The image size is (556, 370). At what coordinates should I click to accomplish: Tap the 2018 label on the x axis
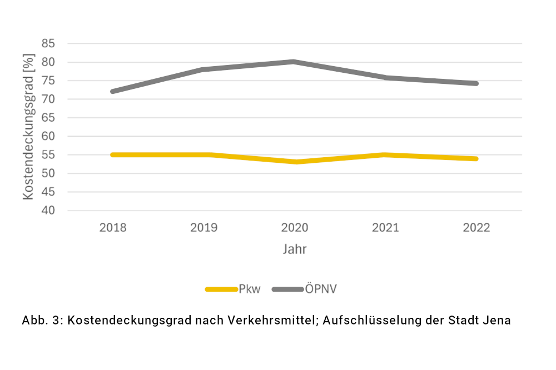[x=113, y=228]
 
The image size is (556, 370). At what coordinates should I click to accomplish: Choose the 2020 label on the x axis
[x=295, y=228]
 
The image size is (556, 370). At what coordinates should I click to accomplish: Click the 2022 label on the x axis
[x=476, y=228]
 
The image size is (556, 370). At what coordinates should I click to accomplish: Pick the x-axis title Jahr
[x=295, y=249]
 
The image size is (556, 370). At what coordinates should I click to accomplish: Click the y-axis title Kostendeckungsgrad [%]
[x=29, y=127]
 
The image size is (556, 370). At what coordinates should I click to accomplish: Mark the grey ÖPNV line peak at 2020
[x=295, y=62]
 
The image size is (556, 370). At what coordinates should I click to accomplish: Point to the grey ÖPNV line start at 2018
[x=113, y=91]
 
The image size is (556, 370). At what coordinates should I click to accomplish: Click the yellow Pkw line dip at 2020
[x=295, y=162]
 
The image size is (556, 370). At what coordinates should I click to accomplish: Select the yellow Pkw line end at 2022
[x=476, y=158]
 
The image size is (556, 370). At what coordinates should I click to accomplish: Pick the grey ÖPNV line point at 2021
[x=385, y=77]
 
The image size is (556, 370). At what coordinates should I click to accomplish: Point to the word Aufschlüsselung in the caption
[x=355, y=321]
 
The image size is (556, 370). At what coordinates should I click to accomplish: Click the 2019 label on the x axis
[x=204, y=228]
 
